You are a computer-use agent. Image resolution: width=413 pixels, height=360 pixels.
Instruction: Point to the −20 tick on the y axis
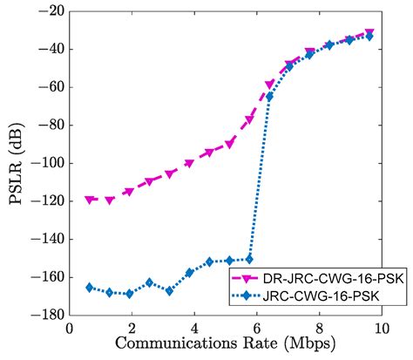pyautogui.click(x=50, y=11)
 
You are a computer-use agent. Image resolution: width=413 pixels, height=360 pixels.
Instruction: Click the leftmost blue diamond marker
pyautogui.click(x=90, y=287)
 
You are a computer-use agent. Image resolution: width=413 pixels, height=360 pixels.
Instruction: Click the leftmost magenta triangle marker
pyautogui.click(x=90, y=200)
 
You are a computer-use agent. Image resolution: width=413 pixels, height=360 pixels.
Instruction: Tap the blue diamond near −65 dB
pyautogui.click(x=269, y=97)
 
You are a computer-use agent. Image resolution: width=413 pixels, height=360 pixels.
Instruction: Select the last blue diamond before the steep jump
pyautogui.click(x=249, y=259)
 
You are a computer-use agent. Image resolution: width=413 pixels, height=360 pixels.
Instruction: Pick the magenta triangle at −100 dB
pyautogui.click(x=189, y=163)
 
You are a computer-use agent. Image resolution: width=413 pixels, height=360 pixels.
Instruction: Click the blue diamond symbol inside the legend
pyautogui.click(x=245, y=296)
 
